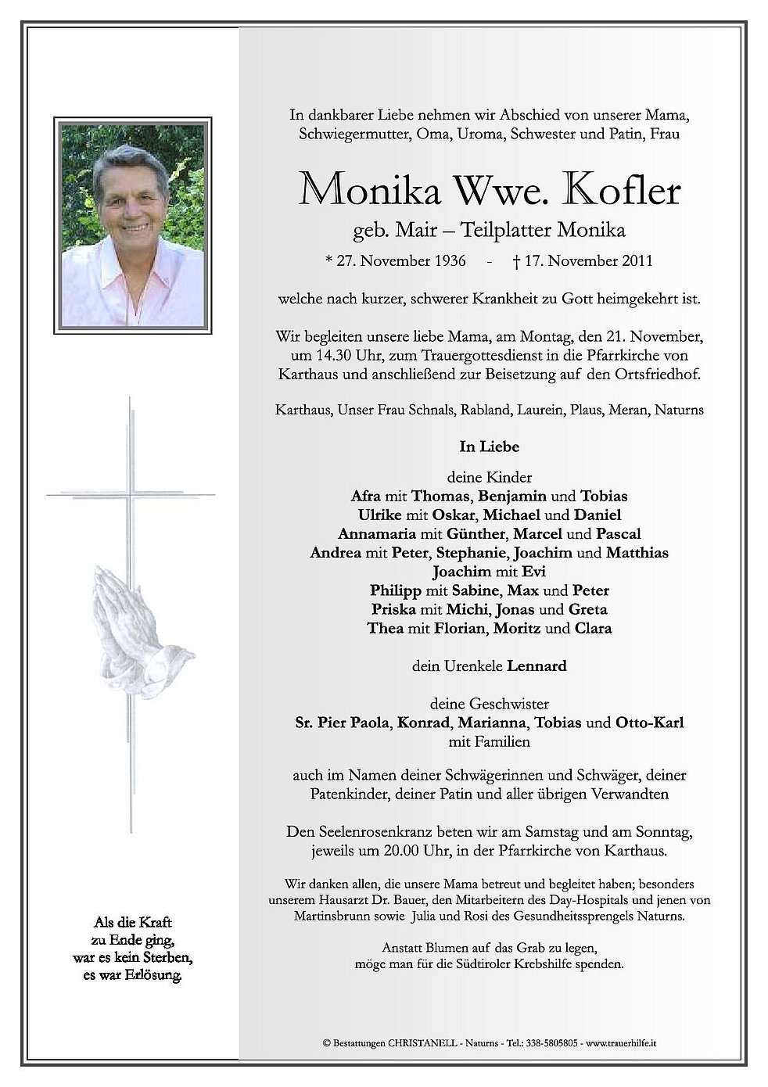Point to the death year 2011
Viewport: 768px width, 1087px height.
click(x=636, y=260)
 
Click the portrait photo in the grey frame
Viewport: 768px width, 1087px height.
click(x=132, y=216)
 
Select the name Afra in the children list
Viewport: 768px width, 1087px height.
click(x=367, y=496)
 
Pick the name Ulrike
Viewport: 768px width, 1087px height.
click(x=379, y=515)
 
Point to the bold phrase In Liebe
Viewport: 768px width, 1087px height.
click(x=490, y=447)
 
